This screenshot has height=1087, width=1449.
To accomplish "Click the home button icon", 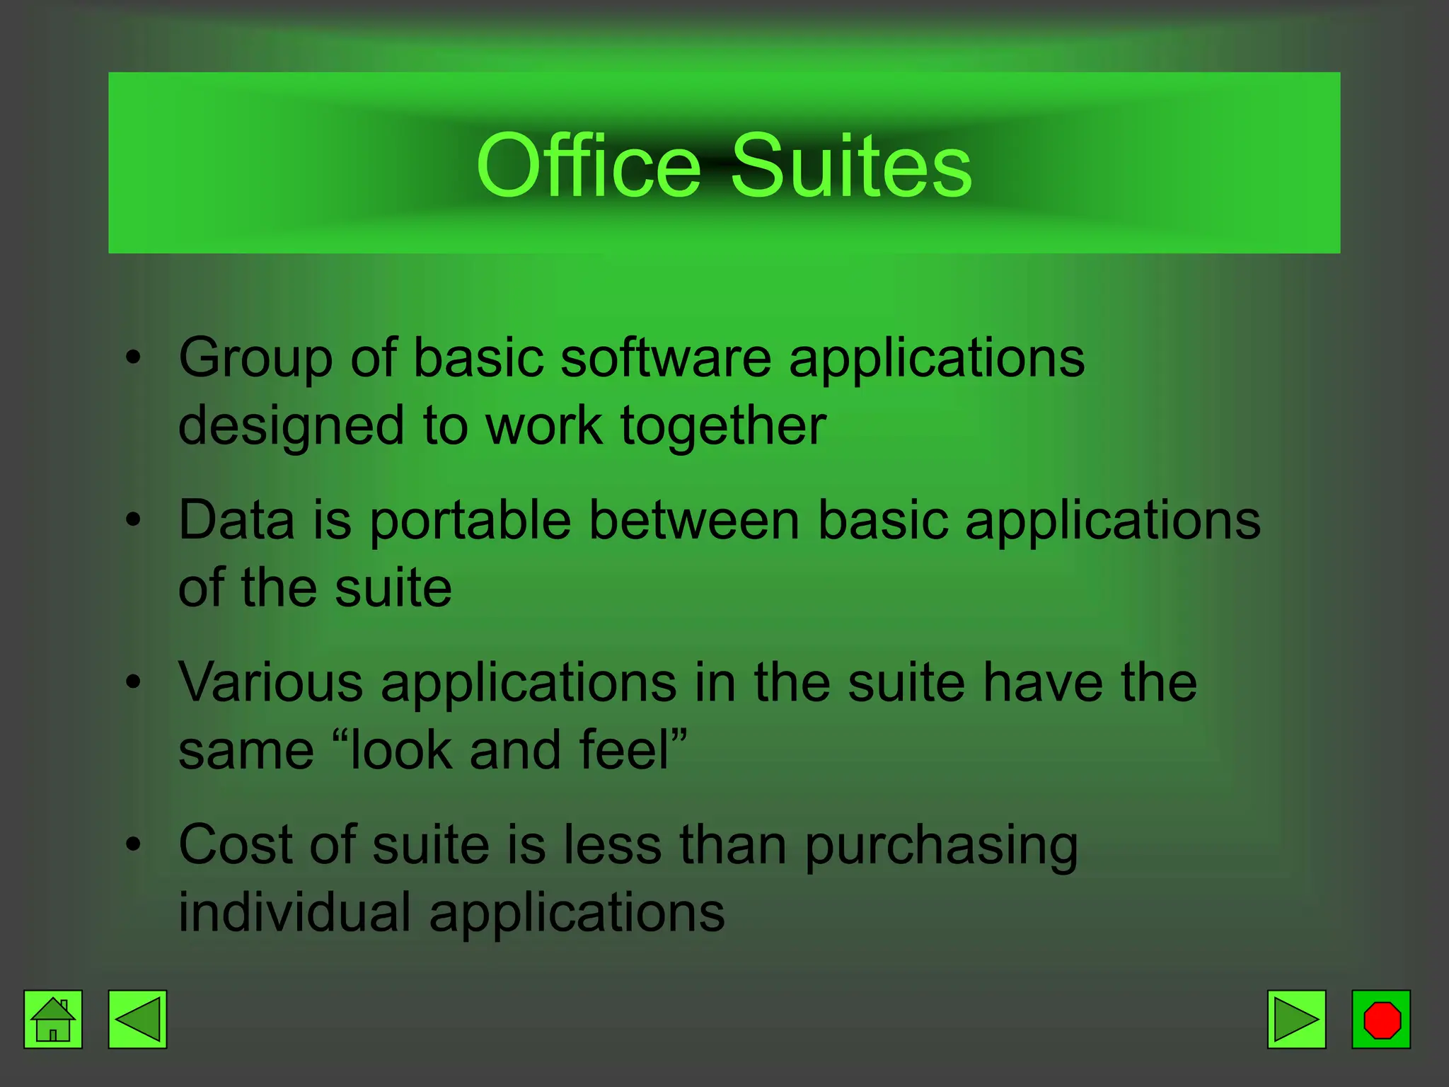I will (x=53, y=1019).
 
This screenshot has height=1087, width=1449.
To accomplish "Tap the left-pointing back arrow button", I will (x=137, y=1019).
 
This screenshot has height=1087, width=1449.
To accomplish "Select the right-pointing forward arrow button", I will (x=1296, y=1019).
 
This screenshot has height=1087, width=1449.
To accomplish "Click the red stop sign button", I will (x=1381, y=1019).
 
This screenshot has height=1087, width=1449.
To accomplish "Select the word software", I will (x=666, y=358).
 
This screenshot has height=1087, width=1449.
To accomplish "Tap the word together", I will (x=723, y=426).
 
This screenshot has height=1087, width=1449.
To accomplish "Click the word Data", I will (x=236, y=520).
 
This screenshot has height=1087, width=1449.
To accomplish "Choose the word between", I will (x=694, y=520).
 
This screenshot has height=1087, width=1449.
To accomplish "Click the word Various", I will (x=271, y=682).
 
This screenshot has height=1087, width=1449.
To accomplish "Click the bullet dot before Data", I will (x=133, y=520).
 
